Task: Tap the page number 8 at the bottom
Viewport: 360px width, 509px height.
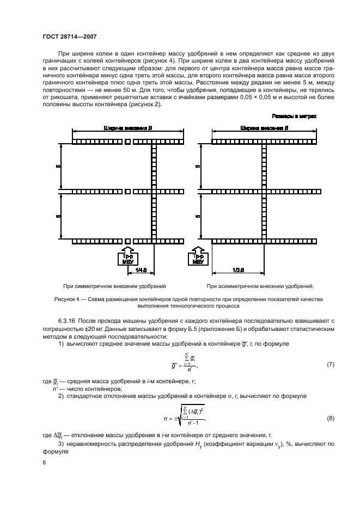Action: [45, 463]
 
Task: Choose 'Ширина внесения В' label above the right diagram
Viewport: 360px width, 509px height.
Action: [263, 128]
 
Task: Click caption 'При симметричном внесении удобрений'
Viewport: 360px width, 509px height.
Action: [114, 286]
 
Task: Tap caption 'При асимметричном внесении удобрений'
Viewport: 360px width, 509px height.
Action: [260, 286]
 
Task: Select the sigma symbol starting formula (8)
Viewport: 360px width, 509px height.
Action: [152, 420]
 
